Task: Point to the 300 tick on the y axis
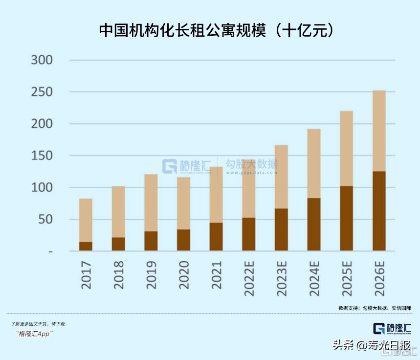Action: pyautogui.click(x=42, y=60)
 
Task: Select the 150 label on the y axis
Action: pyautogui.click(x=42, y=156)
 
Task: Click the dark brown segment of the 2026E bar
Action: pyautogui.click(x=379, y=211)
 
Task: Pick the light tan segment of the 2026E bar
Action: pyautogui.click(x=379, y=131)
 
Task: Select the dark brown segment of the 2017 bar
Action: pyautogui.click(x=86, y=246)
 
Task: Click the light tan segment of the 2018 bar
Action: pyautogui.click(x=118, y=212)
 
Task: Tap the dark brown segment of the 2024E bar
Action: pyautogui.click(x=314, y=224)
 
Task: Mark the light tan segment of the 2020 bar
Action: pyautogui.click(x=183, y=203)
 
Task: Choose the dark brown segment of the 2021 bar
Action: pyautogui.click(x=216, y=237)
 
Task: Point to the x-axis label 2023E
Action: pyautogui.click(x=282, y=278)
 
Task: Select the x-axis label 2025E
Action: pyautogui.click(x=347, y=278)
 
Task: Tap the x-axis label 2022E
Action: pyautogui.click(x=249, y=278)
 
